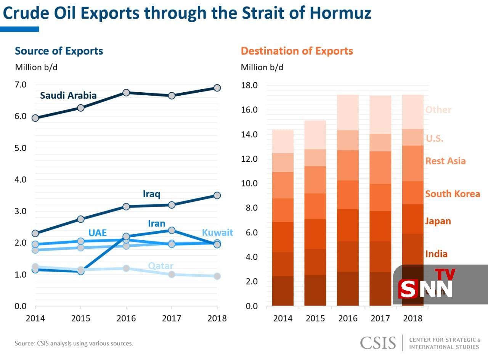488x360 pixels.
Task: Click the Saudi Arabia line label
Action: tap(68, 95)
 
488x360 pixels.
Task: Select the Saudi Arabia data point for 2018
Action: tap(217, 88)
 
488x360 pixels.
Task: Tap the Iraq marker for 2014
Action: tap(35, 233)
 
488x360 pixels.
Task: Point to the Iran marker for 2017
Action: tap(172, 230)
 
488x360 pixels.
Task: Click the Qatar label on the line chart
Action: tap(161, 266)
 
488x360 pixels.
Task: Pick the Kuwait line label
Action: tap(217, 233)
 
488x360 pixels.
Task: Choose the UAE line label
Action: tap(98, 233)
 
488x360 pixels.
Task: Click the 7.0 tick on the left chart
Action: tap(21, 85)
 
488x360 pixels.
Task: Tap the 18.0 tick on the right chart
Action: tap(250, 85)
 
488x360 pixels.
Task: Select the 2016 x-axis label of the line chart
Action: tap(126, 318)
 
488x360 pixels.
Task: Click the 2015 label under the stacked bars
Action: tap(315, 318)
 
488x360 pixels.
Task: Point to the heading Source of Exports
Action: tap(59, 51)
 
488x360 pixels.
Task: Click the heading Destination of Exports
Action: tap(297, 51)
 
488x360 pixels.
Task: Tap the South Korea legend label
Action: tap(453, 194)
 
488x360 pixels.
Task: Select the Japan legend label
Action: tap(438, 221)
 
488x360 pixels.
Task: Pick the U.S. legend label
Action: tap(434, 138)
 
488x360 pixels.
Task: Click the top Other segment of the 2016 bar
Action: tap(348, 112)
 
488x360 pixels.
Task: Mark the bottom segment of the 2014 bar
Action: tap(283, 291)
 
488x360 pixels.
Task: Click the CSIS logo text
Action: tap(378, 342)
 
